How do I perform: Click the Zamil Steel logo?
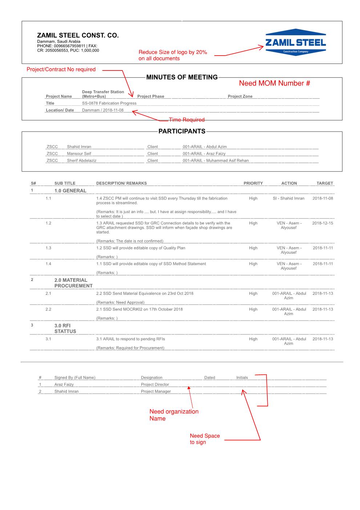pos(295,42)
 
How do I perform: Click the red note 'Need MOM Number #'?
pos(274,83)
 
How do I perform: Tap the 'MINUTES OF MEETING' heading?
pos(182,77)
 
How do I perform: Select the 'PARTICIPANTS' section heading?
pos(182,131)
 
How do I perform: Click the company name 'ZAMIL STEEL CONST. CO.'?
pos(78,36)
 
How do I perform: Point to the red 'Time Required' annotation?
pos(187,120)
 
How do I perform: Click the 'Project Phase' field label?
pos(151,96)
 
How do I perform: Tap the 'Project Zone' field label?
pos(240,96)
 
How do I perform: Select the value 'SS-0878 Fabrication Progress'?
pos(109,103)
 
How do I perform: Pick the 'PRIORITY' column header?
pos(253,183)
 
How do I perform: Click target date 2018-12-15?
pos(322,223)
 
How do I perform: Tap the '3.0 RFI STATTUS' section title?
pos(65,329)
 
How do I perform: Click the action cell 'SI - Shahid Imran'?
pos(288,198)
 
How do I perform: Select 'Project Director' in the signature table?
pos(155,384)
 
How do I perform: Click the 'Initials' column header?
pos(242,378)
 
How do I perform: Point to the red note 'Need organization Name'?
pos(174,415)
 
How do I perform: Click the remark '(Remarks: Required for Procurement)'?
pos(130,348)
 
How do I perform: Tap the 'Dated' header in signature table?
pos(210,378)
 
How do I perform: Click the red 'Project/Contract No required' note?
pos(61,69)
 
